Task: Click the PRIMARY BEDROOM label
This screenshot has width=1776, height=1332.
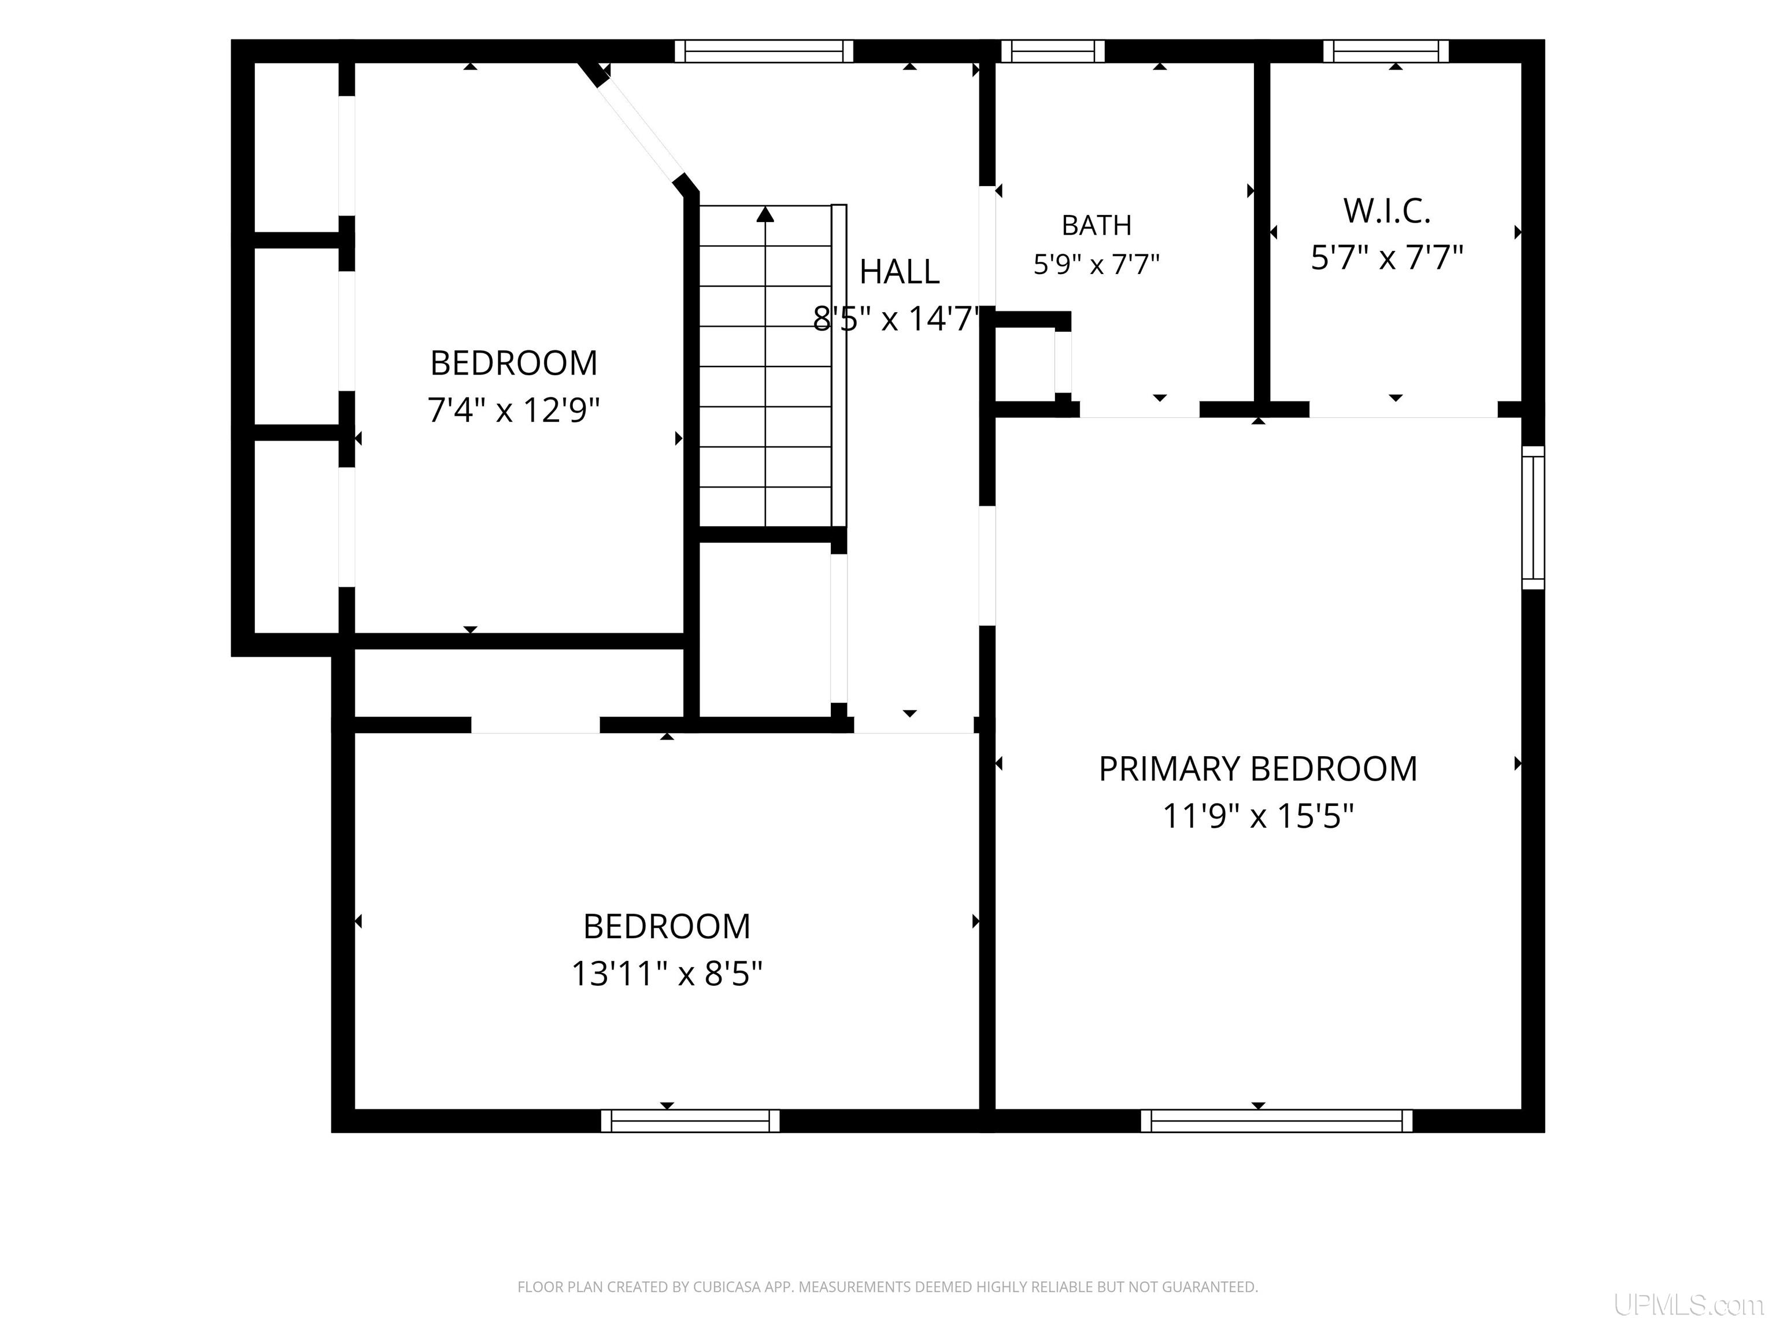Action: [1257, 769]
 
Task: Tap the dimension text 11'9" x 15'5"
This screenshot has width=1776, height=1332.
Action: [1258, 816]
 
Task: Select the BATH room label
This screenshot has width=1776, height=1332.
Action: [1097, 225]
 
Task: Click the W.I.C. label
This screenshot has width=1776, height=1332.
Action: [1387, 211]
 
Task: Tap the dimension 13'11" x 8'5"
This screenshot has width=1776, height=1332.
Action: [667, 974]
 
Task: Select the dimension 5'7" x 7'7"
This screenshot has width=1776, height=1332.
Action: [1387, 258]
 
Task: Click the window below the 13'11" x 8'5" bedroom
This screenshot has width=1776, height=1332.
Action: [690, 1121]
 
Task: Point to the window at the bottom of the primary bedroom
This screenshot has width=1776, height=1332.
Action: [1276, 1121]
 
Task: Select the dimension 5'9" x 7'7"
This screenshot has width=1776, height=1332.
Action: [1097, 264]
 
